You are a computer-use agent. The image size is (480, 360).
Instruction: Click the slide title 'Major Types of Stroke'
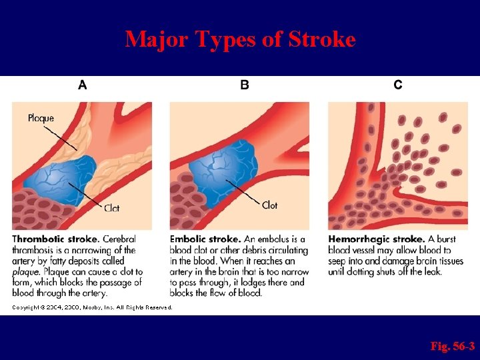click(240, 39)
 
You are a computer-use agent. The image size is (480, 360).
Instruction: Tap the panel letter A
click(83, 85)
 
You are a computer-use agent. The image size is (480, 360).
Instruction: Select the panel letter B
click(244, 85)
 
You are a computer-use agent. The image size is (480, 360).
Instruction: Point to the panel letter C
click(398, 85)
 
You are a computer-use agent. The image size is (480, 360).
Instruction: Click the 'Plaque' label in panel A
click(41, 119)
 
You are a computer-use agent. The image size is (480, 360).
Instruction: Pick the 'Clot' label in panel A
click(111, 208)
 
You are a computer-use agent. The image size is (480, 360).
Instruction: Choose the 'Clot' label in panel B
click(269, 205)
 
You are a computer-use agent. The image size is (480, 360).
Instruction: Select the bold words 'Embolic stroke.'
click(205, 239)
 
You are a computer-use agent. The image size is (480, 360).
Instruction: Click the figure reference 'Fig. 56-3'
click(453, 346)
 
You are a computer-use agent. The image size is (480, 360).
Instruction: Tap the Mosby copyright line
click(92, 307)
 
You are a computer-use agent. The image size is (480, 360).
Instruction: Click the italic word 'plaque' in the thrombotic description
click(24, 272)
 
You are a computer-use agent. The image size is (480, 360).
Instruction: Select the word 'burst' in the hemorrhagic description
click(445, 239)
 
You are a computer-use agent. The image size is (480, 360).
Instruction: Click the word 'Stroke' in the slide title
click(323, 39)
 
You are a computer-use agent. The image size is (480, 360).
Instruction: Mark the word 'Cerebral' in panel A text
click(119, 239)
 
